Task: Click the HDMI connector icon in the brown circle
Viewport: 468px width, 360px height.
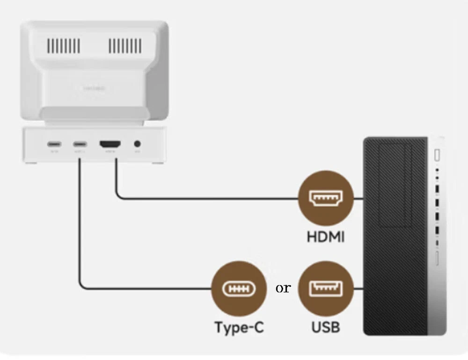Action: (326, 198)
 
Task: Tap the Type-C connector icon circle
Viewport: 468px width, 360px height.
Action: (239, 288)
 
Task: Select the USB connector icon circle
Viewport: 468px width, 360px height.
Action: (326, 288)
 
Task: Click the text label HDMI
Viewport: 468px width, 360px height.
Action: (326, 237)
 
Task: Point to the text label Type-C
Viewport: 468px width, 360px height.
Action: (239, 327)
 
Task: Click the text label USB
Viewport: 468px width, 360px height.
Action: (326, 327)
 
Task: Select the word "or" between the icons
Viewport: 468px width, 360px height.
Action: (283, 288)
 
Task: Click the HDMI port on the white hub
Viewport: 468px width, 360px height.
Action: (110, 144)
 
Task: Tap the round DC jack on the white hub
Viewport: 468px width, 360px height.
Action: (138, 144)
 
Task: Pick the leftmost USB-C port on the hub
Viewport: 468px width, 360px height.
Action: (53, 144)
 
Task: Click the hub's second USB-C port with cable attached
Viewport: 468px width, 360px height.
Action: (79, 144)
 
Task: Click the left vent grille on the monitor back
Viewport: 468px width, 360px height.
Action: (63, 46)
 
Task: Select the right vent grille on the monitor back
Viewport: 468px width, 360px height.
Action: (125, 46)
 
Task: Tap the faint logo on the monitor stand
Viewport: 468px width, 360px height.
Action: (94, 88)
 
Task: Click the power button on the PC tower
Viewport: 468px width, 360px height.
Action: (438, 154)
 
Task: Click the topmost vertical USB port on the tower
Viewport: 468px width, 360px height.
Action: (437, 189)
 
